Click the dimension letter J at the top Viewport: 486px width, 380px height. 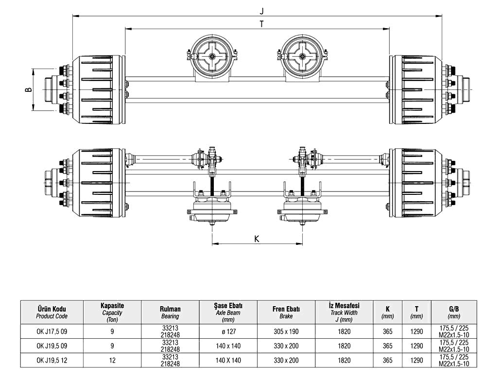pos(261,10)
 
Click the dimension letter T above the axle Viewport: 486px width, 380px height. pos(261,24)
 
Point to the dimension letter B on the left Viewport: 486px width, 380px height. pos(28,90)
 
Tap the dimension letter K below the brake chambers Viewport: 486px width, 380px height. pos(257,238)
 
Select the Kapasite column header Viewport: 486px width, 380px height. pos(112,309)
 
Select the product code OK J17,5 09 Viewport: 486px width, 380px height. pos(52,332)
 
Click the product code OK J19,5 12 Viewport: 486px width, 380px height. pos(52,360)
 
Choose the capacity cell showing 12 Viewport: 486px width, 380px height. pos(112,360)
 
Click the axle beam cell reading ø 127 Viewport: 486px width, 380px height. pos(228,332)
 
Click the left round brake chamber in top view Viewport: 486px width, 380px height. pos(212,57)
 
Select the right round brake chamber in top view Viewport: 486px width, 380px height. pos(303,57)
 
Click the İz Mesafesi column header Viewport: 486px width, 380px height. pos(344,309)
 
